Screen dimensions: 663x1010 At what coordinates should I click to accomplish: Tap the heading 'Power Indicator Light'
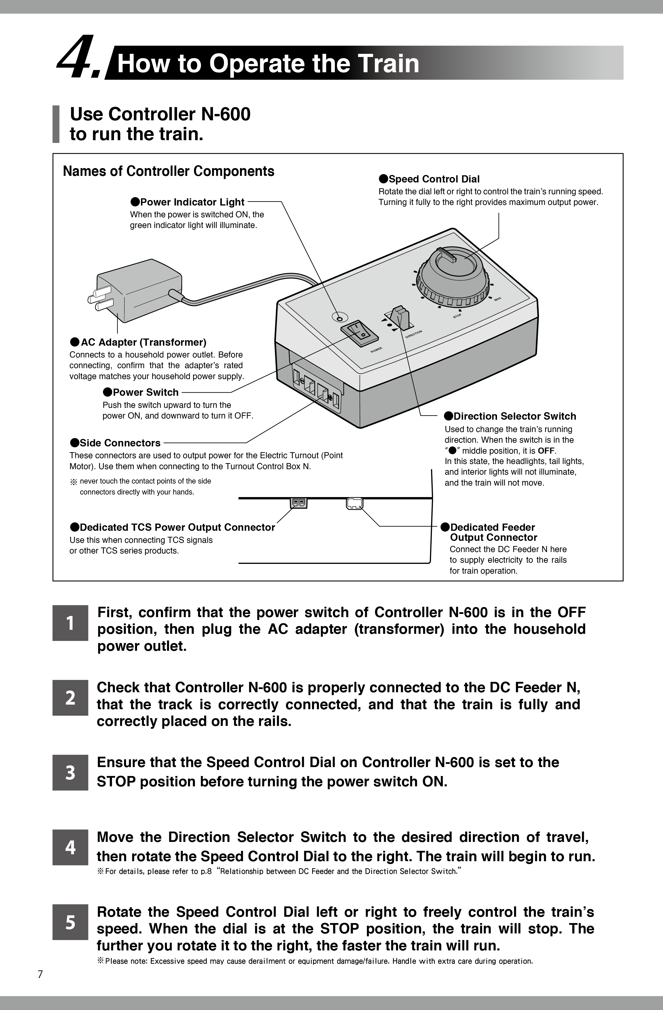188,202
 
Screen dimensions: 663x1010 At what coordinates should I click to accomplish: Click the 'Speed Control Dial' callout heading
429,179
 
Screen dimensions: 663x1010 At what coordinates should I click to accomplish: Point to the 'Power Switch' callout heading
141,392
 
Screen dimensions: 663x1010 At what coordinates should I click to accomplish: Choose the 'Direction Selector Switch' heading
510,416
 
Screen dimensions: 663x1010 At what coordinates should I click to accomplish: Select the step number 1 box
71,623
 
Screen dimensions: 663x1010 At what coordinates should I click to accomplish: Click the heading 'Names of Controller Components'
169,172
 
